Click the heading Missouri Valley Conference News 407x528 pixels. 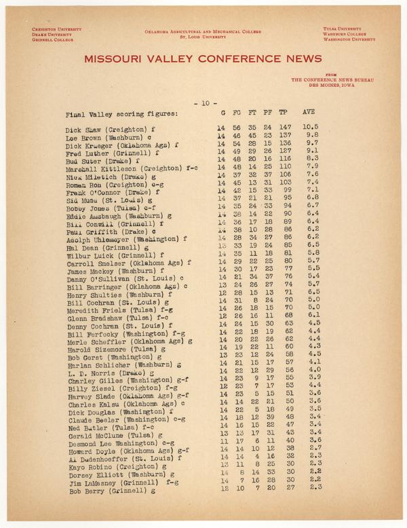pos(203,59)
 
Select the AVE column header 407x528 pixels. pos(308,111)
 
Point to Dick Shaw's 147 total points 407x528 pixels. pos(286,127)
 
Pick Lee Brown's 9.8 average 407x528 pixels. pos(310,135)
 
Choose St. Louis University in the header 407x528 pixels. pos(202,38)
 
